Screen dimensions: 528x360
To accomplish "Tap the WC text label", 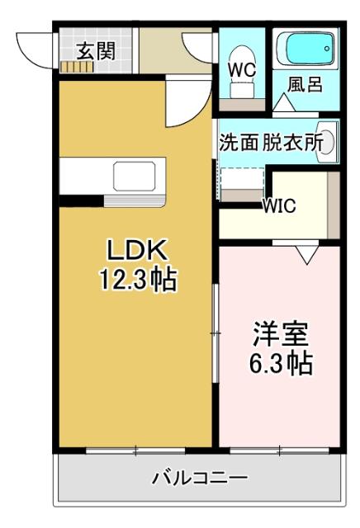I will pos(241,70).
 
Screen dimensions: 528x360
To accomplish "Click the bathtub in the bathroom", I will pos(306,52).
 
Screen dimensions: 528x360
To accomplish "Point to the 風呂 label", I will pos(305,86).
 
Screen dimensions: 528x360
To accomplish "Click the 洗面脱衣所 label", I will pos(270,141).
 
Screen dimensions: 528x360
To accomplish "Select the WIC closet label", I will pos(280,206).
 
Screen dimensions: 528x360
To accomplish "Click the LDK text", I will pos(138,250).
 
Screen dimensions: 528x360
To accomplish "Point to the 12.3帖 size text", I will pos(138,280).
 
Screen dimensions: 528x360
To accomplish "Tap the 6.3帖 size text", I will pos(281,362).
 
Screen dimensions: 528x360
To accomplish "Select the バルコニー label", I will pos(199,478).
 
